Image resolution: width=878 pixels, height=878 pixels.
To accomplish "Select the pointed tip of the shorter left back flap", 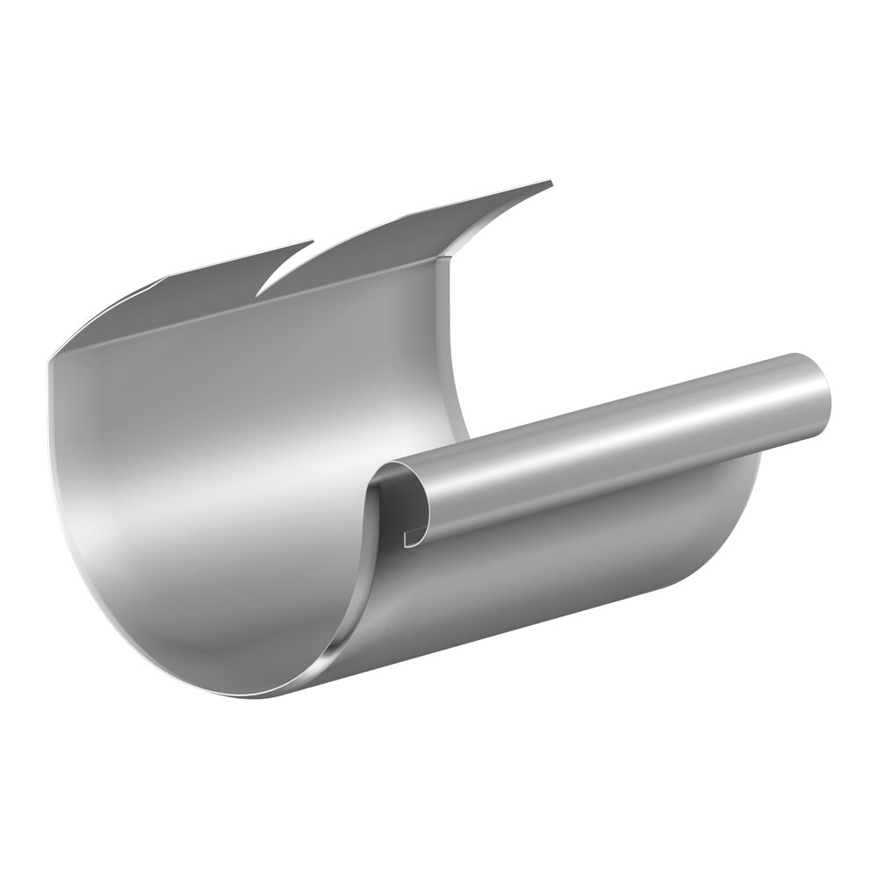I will pyautogui.click(x=312, y=241).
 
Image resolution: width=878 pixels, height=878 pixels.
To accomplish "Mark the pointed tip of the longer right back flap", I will pyautogui.click(x=551, y=183).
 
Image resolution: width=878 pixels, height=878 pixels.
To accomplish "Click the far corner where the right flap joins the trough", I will pyautogui.click(x=450, y=257).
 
